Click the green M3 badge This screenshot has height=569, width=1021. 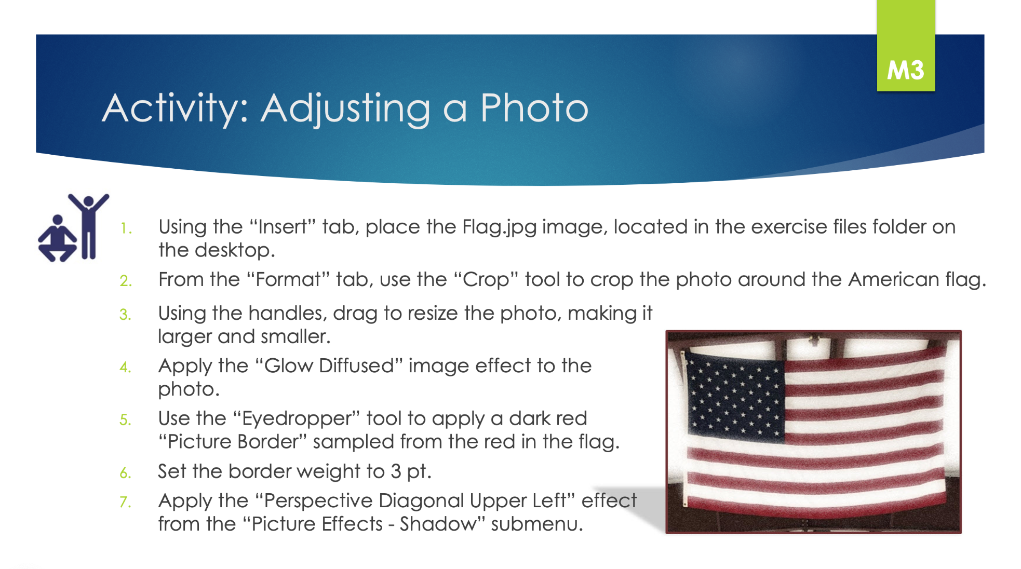pos(906,46)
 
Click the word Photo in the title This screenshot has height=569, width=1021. pos(534,108)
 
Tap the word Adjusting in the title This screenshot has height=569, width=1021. pos(345,109)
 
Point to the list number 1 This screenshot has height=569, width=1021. pos(125,228)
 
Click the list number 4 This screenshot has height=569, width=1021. pos(125,367)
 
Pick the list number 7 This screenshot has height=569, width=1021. pos(125,502)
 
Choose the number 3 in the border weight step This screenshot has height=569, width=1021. pos(396,471)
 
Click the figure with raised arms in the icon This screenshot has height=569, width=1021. pos(89,226)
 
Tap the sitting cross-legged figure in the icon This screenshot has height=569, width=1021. pos(57,239)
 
